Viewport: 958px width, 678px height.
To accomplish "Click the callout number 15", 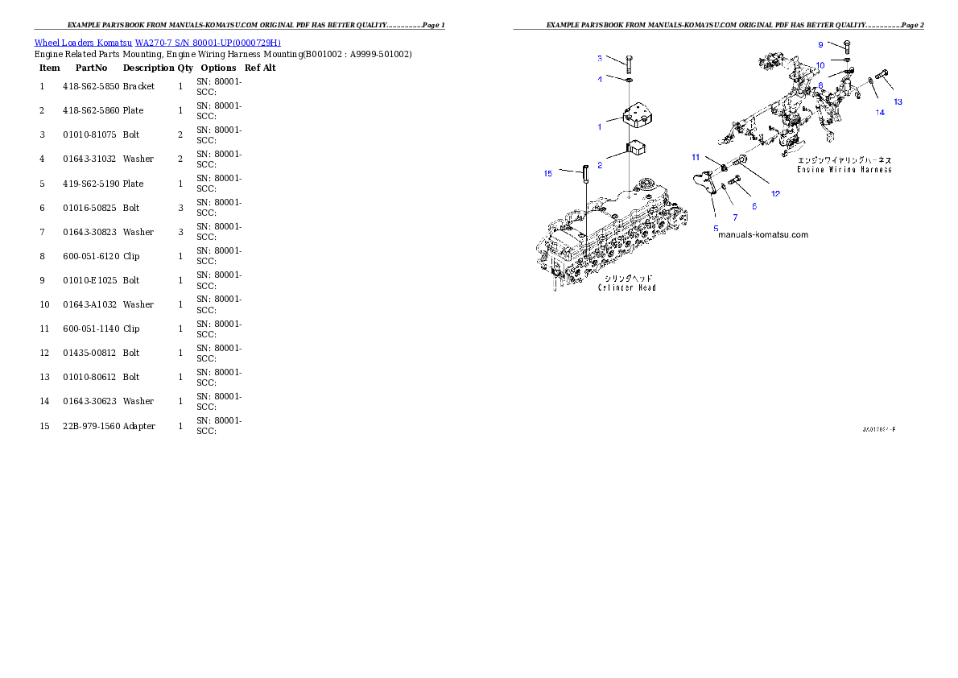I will coord(547,173).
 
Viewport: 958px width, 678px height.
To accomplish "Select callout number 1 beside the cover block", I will coord(599,126).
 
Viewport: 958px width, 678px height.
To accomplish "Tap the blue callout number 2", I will coord(600,164).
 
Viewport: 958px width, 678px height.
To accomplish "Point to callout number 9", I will coord(820,44).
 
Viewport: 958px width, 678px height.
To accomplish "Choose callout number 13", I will coord(898,102).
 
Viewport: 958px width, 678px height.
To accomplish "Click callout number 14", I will coord(880,113).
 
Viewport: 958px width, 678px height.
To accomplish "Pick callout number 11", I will coord(696,157).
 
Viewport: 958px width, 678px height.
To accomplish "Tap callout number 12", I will coord(775,193).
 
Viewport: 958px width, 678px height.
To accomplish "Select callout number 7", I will coord(734,217).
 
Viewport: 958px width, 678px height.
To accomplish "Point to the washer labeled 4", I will coord(629,80).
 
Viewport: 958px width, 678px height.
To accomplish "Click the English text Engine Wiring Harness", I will coord(844,170).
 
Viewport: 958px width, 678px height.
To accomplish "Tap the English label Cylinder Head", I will coord(626,287).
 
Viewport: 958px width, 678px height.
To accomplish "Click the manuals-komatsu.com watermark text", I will coord(762,235).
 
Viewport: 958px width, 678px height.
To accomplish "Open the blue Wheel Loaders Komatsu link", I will coord(157,43).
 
